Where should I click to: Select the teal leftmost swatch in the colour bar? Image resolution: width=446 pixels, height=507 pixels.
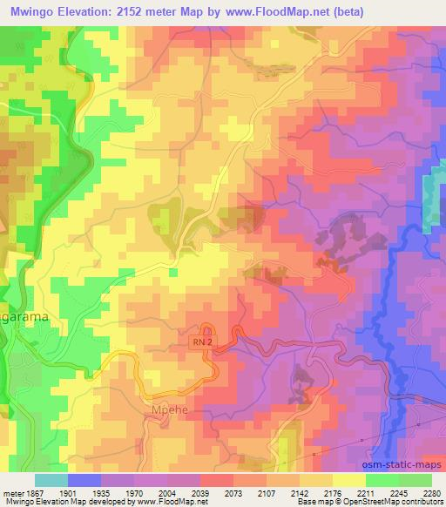51,480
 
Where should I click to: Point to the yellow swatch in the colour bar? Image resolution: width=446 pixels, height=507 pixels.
348,480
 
